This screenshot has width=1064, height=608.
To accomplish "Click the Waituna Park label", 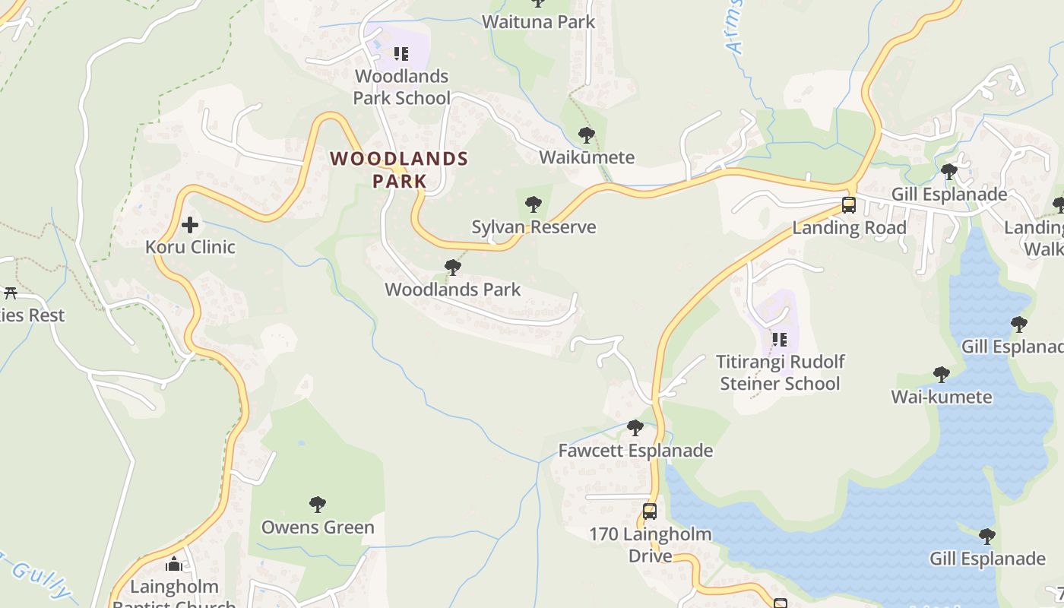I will pos(539,22).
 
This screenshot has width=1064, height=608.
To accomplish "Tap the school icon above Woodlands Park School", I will pos(401,54).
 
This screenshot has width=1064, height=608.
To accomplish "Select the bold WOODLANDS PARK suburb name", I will pos(399,169).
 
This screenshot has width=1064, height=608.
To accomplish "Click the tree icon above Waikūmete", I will pos(586,135).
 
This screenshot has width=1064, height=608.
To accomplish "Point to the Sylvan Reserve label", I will pos(534,226).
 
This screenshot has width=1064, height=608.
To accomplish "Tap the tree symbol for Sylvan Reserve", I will pos(534,204).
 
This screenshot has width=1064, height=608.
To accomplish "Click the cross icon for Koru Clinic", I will pos(190,225).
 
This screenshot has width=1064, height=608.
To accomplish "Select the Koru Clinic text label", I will pos(190,247).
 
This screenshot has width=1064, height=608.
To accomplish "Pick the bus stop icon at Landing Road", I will pos(849,205).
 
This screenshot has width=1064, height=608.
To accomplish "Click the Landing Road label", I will pos(849,228).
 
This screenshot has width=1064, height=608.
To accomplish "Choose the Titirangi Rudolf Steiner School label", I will pos(781,372).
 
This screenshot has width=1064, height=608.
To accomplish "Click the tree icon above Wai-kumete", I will pos(941,375).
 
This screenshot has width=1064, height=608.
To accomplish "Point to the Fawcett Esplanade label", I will pos(635,451).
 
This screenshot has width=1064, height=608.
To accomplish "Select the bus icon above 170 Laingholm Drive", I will pos(650,511).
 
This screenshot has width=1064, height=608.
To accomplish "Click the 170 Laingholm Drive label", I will pos(650,545).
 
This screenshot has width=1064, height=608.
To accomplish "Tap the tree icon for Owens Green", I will pos(318,504).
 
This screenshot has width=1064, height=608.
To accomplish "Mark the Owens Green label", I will pos(318,527).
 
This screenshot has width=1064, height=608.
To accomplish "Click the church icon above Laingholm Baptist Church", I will pos(174,564).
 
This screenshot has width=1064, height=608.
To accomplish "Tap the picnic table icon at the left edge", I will pos(11,293).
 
